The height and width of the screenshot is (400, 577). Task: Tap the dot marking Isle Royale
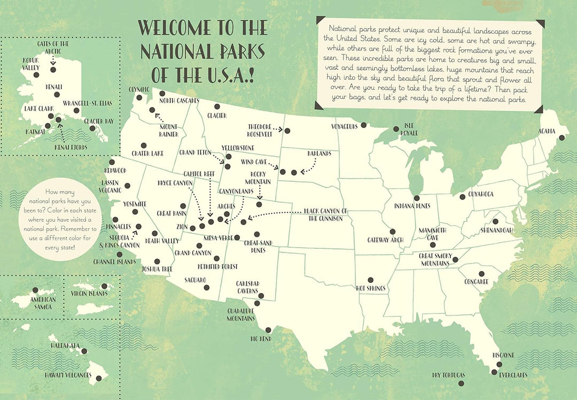[396, 128]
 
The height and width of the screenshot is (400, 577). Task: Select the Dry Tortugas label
[449, 375]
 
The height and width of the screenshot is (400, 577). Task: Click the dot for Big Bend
[268, 330]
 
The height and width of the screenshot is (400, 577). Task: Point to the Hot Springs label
[371, 288]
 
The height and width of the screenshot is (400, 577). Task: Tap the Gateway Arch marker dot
[393, 232]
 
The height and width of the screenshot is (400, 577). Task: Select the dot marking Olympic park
[139, 98]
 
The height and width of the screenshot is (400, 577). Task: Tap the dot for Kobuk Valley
[36, 75]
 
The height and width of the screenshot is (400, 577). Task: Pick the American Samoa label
[43, 303]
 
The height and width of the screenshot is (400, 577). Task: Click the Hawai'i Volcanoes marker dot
[98, 379]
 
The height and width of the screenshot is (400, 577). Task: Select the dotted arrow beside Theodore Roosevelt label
[276, 128]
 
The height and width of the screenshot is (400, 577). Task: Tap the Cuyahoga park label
[480, 194]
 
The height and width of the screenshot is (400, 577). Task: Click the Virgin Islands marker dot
[105, 286]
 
